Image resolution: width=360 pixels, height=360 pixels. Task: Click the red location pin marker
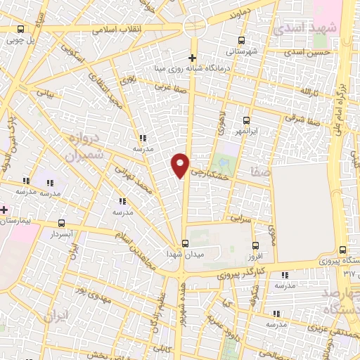tap(181, 165)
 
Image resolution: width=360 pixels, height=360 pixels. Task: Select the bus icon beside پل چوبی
tap(20, 29)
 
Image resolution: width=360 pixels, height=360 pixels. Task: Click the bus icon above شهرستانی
tap(242, 40)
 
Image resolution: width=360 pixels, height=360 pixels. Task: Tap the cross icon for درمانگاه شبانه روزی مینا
tap(193, 57)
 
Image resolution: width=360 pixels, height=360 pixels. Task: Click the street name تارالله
tap(309, 91)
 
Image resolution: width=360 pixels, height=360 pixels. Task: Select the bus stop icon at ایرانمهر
tap(246, 120)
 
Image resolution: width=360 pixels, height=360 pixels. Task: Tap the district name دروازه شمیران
tap(88, 143)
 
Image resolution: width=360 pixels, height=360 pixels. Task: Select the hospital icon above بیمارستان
tap(4, 210)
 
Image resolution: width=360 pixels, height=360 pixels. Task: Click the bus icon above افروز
tap(257, 245)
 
